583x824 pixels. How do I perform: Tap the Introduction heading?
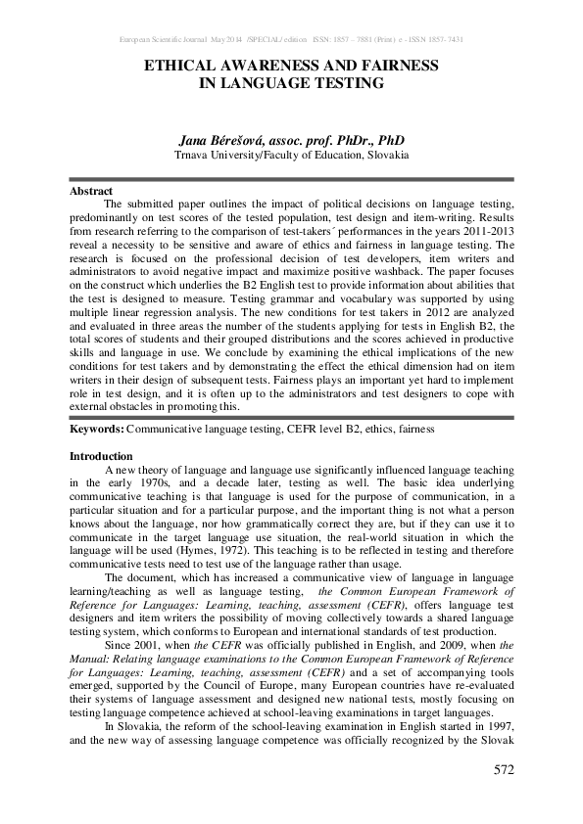pyautogui.click(x=101, y=457)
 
